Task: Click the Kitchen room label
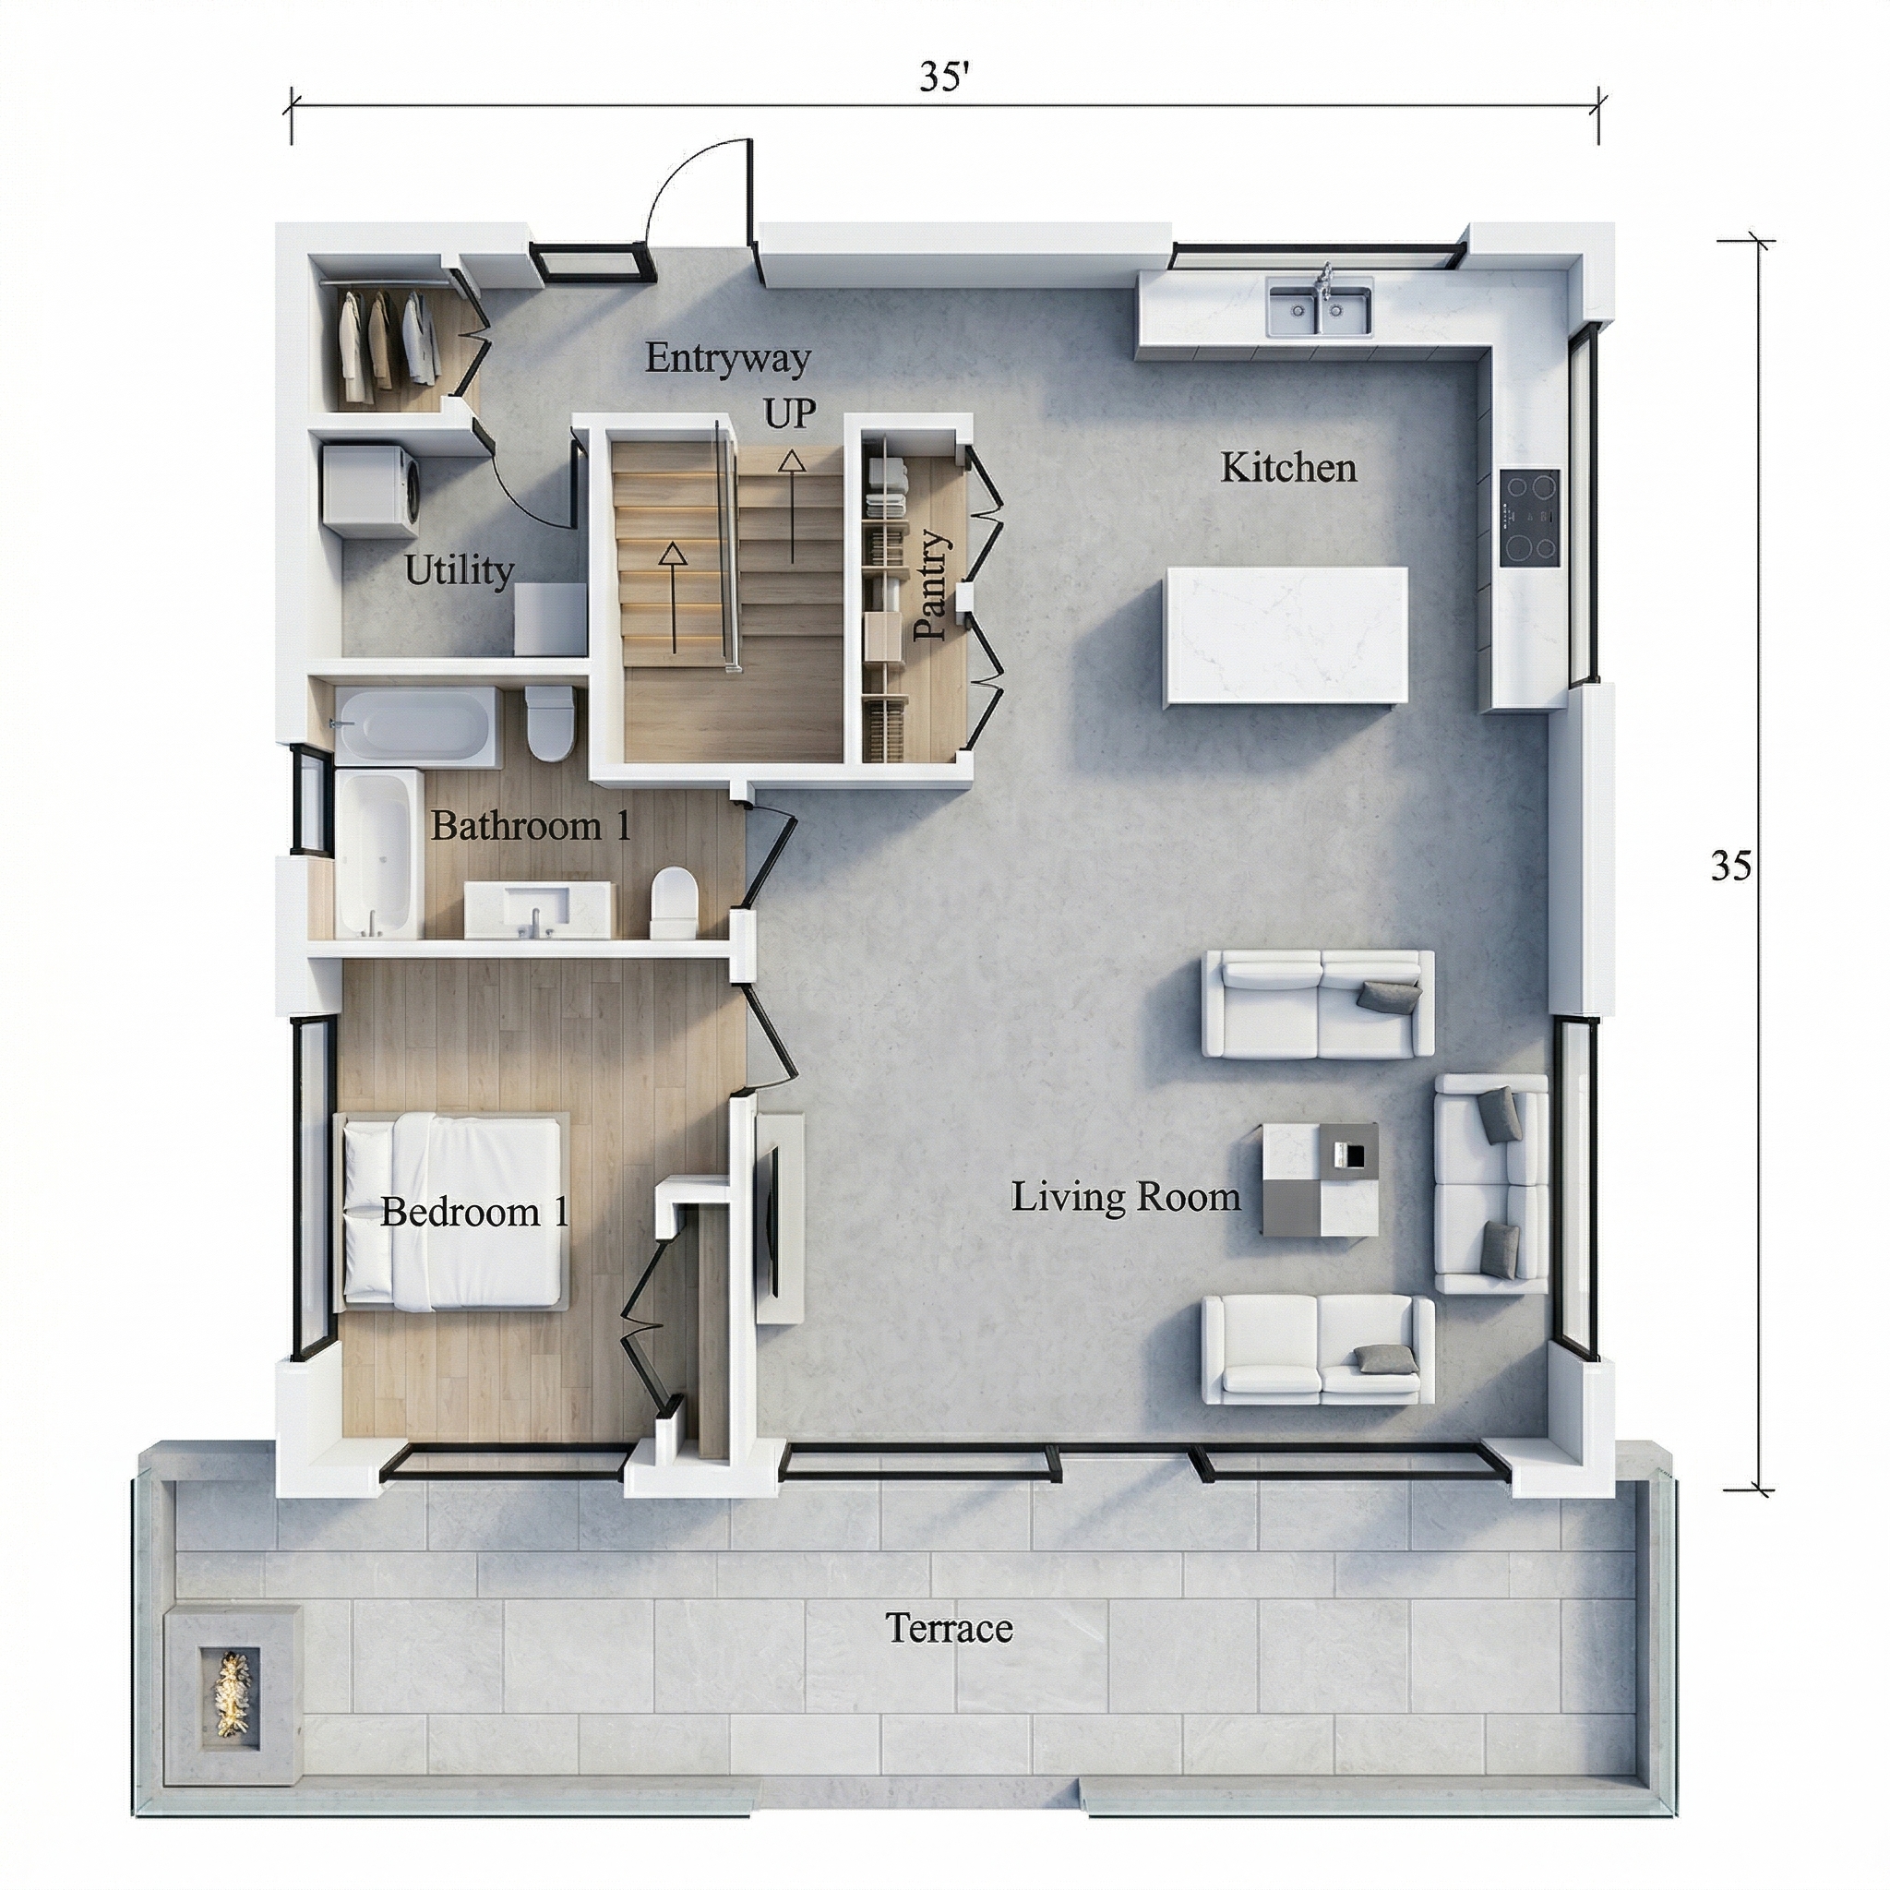[1288, 469]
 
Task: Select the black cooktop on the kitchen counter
[1530, 518]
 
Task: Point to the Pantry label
[931, 585]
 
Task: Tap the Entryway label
[728, 359]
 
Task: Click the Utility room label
[459, 570]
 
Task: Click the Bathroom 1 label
[532, 827]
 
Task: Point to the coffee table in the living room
[1321, 1178]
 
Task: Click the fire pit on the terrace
[231, 1665]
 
